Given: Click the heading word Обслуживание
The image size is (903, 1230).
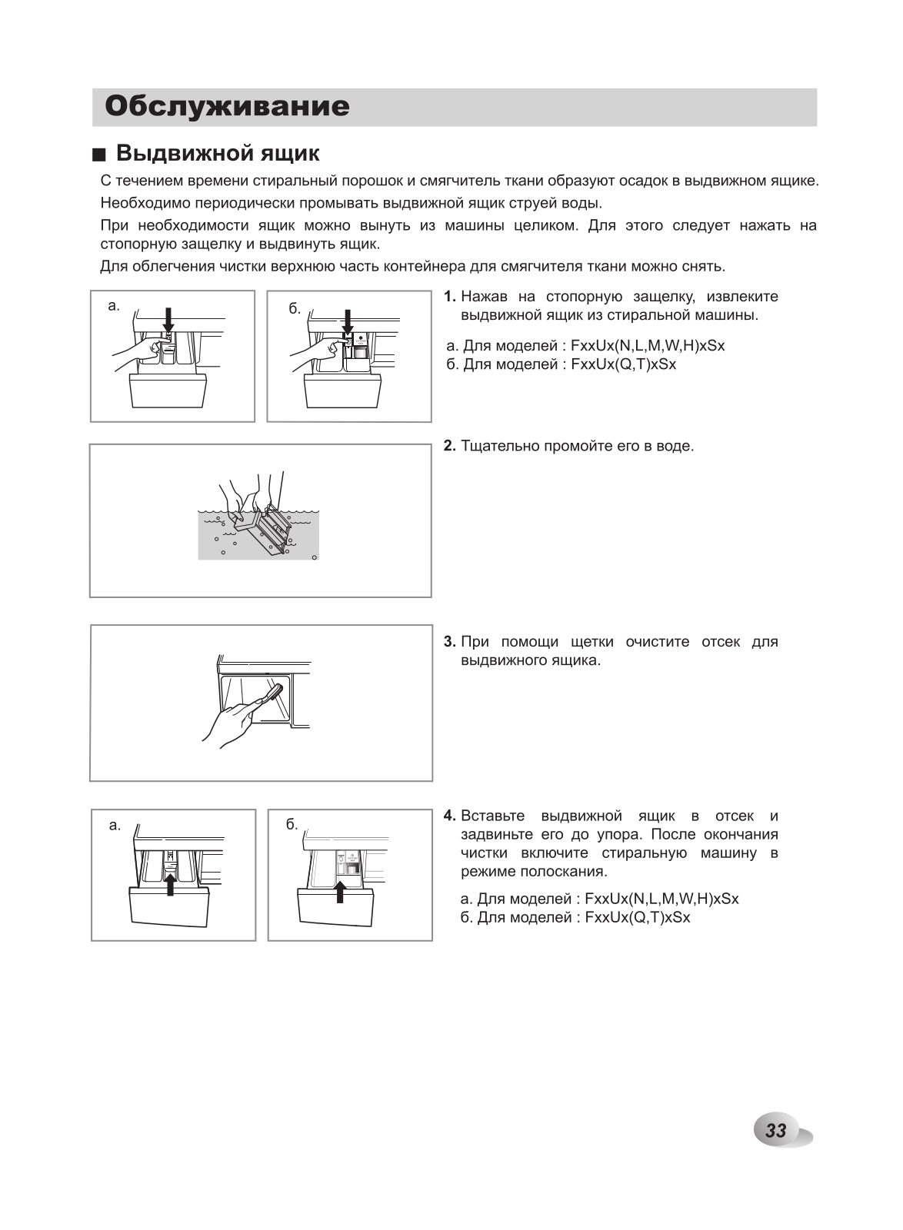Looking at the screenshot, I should tap(227, 107).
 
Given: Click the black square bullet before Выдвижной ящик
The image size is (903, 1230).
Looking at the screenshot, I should tap(98, 155).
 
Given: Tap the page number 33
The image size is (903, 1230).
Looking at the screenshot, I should tap(776, 1130).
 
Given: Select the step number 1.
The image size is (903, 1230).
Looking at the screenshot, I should tap(450, 297).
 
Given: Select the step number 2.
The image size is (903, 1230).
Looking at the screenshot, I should tap(450, 446).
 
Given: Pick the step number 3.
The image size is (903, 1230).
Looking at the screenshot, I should tap(450, 642).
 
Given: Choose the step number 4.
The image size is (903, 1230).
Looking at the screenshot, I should tap(450, 816).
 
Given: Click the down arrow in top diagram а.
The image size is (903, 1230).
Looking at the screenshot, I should tap(168, 319).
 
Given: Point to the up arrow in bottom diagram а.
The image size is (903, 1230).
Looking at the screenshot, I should tap(170, 884).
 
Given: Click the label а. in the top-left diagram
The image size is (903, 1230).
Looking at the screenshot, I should tap(114, 306).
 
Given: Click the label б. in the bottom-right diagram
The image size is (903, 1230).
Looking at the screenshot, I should tap(292, 825).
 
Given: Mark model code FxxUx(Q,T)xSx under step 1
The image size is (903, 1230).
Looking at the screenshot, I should tap(624, 364).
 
